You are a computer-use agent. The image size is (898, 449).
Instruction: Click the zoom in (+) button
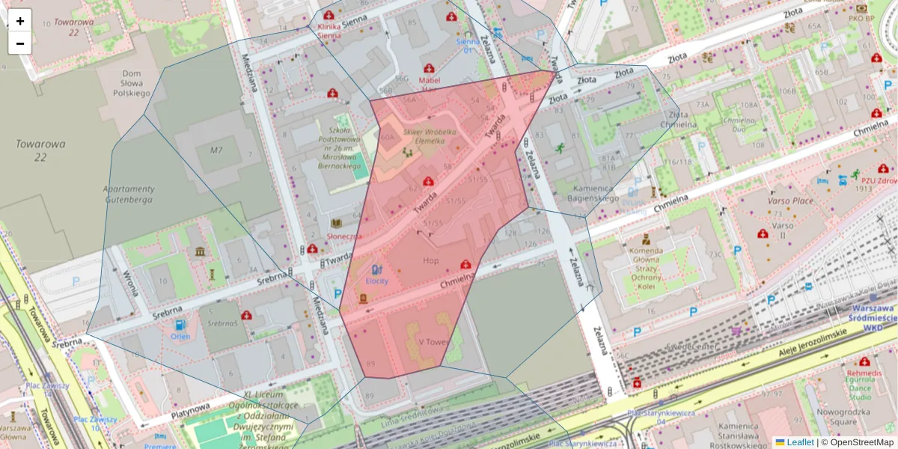point(20,21)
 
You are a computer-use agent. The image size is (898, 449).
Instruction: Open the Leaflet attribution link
point(799,442)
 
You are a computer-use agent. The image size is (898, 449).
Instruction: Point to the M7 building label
point(216,150)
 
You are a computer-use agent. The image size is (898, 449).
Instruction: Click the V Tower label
point(433,341)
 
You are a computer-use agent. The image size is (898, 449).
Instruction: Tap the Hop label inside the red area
point(431,260)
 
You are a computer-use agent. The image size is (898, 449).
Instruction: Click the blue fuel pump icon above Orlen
point(180,325)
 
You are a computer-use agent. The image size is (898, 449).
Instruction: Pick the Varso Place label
point(790,201)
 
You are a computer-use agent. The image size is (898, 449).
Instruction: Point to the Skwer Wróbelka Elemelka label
point(424,135)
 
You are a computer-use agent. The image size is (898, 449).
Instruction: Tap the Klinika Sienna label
point(329,30)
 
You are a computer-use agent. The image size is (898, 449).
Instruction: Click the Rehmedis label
point(864,373)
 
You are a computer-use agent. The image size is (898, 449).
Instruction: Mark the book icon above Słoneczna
point(337,223)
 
